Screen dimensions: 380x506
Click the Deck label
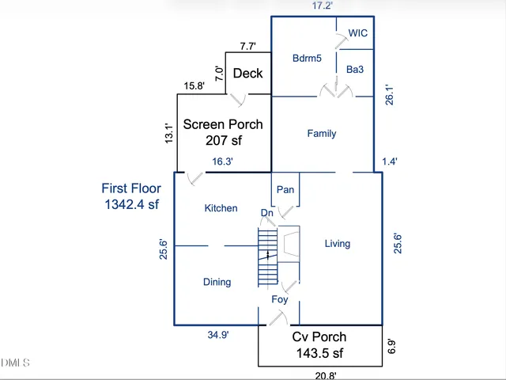point(247,74)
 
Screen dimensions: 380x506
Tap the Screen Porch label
point(223,124)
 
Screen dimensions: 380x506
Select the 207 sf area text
point(223,140)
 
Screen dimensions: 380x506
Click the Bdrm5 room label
point(307,58)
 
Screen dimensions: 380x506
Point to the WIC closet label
point(358,33)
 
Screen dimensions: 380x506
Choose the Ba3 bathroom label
point(355,70)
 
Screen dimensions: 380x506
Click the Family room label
point(322,134)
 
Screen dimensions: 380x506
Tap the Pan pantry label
point(285,189)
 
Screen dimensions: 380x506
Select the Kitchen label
point(221,208)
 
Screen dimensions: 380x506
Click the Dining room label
point(217,282)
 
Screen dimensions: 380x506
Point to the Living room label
point(338,244)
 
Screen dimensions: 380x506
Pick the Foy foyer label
point(280,300)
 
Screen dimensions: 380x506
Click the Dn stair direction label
point(267,213)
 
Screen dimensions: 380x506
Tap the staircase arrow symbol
point(268,255)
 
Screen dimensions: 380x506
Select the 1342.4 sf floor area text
point(131,204)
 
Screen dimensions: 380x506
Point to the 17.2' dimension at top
point(322,6)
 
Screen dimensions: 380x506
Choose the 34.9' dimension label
point(218,335)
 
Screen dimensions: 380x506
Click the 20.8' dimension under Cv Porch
point(326,375)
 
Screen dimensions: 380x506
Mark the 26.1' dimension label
point(388,95)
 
